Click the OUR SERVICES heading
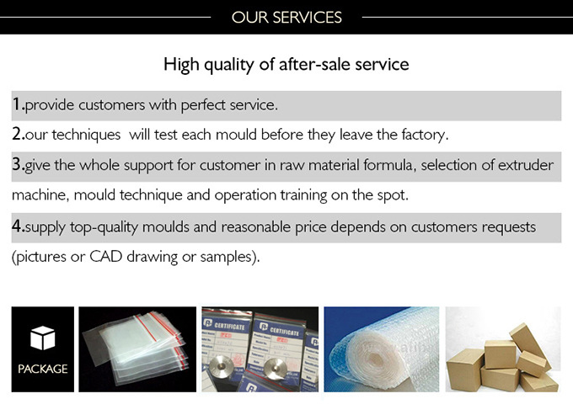[286, 17]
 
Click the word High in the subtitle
[181, 65]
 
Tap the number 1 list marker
[17, 104]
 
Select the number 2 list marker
[17, 134]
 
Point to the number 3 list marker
[17, 164]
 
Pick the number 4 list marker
[17, 226]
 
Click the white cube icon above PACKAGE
[43, 338]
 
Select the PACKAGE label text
[43, 369]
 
